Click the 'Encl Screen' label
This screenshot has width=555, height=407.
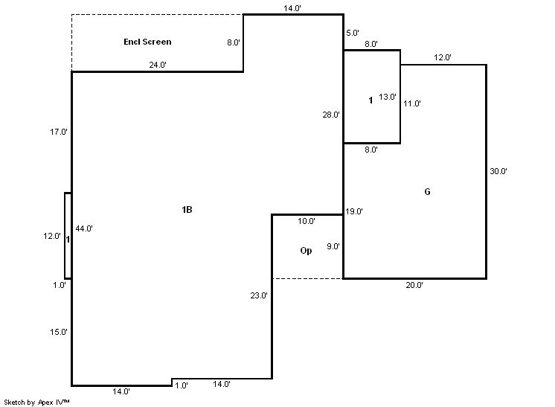147,42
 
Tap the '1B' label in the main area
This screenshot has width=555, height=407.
187,210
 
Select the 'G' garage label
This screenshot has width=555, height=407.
427,192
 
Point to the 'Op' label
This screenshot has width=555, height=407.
306,251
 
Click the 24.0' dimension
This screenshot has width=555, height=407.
157,65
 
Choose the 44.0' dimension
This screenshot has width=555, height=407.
84,229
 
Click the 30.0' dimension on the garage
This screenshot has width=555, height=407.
498,171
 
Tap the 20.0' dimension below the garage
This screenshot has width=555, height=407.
414,285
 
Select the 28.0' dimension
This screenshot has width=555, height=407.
331,115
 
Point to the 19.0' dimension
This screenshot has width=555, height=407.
353,211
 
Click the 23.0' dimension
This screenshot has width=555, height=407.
259,295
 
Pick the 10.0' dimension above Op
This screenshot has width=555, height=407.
307,221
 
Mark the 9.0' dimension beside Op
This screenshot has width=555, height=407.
333,246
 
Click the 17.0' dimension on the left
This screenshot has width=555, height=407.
59,132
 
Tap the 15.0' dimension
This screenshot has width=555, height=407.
59,332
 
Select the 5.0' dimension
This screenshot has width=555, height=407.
352,33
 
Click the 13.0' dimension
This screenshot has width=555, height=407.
388,97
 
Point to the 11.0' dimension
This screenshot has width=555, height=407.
411,103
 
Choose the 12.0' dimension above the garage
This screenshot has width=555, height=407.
443,57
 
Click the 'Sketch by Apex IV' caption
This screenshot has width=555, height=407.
36,402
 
